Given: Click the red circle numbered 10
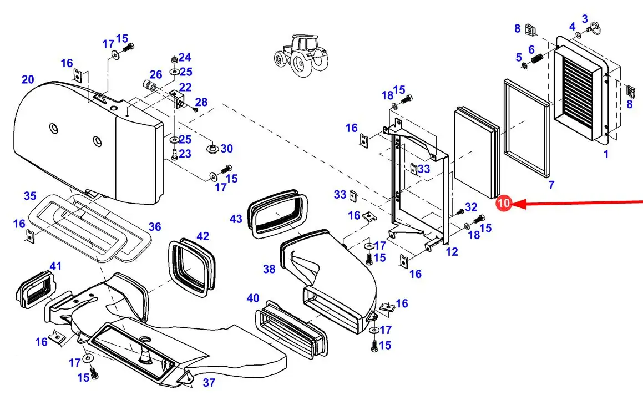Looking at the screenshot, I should pyautogui.click(x=504, y=204).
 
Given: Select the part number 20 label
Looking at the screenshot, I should pyautogui.click(x=28, y=80).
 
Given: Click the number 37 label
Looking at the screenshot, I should pyautogui.click(x=209, y=382).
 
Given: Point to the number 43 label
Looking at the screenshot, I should pyautogui.click(x=236, y=219).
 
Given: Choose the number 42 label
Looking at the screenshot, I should pyautogui.click(x=202, y=236).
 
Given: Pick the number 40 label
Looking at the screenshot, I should pyautogui.click(x=253, y=298).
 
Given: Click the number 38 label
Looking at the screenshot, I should pyautogui.click(x=269, y=269).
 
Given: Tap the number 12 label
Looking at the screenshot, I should pyautogui.click(x=452, y=252).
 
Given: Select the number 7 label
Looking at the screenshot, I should pyautogui.click(x=551, y=184).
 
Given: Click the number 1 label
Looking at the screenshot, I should pyautogui.click(x=606, y=154).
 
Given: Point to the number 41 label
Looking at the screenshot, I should pyautogui.click(x=55, y=266).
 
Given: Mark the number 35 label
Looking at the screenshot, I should pyautogui.click(x=30, y=196).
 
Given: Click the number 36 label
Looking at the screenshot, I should pyautogui.click(x=155, y=226).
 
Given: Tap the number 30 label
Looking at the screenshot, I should pyautogui.click(x=227, y=149).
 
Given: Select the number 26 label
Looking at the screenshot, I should pyautogui.click(x=156, y=74).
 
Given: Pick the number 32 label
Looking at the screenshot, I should pyautogui.click(x=471, y=207).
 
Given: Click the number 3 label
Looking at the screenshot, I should pyautogui.click(x=584, y=19).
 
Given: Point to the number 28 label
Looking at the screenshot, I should pyautogui.click(x=201, y=102).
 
